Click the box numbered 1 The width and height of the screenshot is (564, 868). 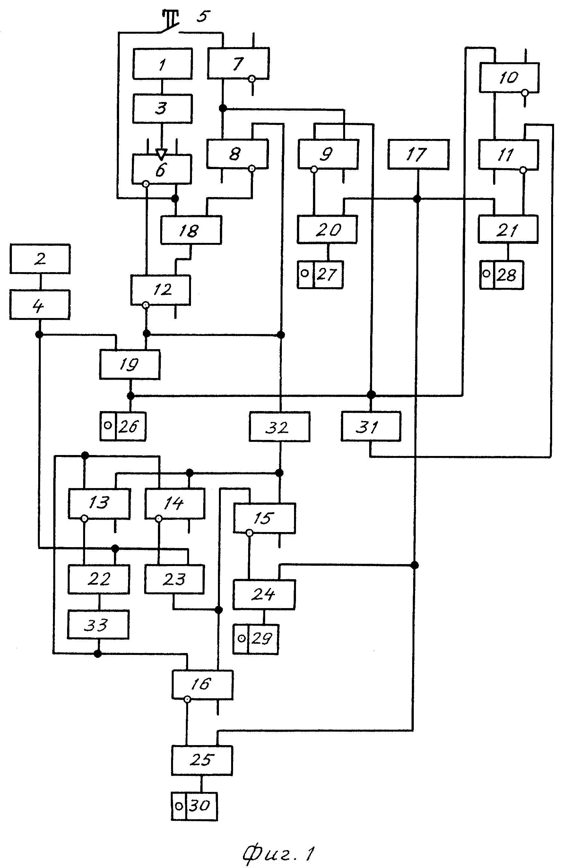[x=162, y=64]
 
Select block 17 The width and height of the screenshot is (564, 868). [x=419, y=154]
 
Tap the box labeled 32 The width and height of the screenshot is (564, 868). [x=280, y=427]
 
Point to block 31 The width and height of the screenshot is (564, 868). [x=371, y=426]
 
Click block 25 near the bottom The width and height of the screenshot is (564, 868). [x=202, y=761]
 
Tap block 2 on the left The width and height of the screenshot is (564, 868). [x=40, y=259]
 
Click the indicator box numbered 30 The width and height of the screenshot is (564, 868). [x=195, y=806]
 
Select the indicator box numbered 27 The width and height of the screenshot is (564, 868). [x=320, y=275]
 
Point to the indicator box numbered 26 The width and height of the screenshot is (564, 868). [x=123, y=426]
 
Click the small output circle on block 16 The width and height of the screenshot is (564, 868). [x=187, y=699]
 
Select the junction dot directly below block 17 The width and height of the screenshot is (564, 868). [x=417, y=199]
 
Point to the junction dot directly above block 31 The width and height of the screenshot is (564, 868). [x=371, y=395]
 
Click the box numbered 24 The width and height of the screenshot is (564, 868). [x=264, y=595]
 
